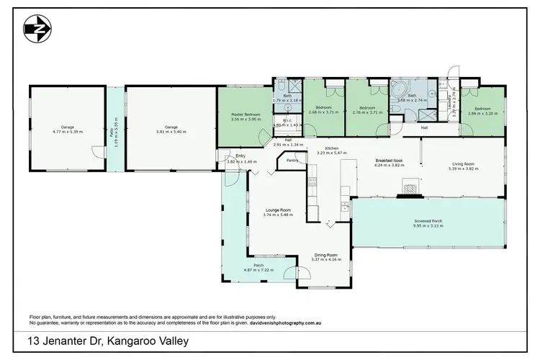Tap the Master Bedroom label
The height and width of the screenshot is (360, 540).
246,114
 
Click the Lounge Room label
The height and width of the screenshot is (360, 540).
276,210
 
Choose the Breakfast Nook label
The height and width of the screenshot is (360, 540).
389,161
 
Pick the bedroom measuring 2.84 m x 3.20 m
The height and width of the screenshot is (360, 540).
482,112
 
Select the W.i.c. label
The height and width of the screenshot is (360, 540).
286,120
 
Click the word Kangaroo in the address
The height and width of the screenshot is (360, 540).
127,341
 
